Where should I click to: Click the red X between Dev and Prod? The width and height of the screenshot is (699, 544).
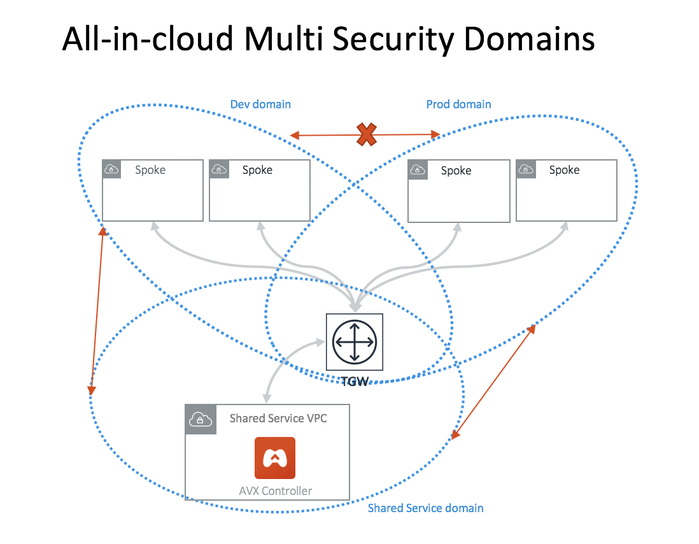pyautogui.click(x=366, y=134)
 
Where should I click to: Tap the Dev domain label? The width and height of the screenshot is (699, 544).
pyautogui.click(x=260, y=104)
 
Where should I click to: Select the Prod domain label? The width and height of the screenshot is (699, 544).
pyautogui.click(x=458, y=104)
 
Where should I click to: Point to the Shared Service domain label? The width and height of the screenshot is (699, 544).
pyautogui.click(x=425, y=508)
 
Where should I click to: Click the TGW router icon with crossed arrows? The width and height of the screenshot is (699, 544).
pyautogui.click(x=355, y=341)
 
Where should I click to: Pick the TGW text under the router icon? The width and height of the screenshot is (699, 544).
pyautogui.click(x=355, y=382)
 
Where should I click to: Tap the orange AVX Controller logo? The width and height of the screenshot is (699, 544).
pyautogui.click(x=274, y=457)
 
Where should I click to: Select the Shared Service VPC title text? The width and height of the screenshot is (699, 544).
pyautogui.click(x=278, y=419)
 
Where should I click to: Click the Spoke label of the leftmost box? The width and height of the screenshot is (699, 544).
pyautogui.click(x=150, y=170)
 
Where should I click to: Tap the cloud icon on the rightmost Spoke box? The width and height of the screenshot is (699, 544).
pyautogui.click(x=526, y=169)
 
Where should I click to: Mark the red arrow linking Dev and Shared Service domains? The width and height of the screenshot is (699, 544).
pyautogui.click(x=96, y=311)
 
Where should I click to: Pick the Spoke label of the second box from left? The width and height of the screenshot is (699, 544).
pyautogui.click(x=257, y=170)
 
